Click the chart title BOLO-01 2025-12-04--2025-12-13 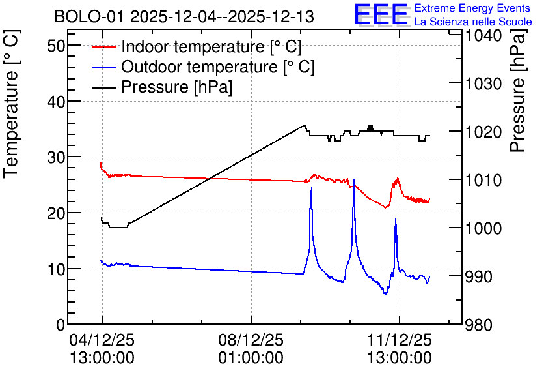(184, 17)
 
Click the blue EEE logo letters (381, 14)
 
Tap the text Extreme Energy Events (472, 8)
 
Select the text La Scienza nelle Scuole (473, 22)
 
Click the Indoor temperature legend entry (197, 46)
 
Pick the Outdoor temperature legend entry (203, 67)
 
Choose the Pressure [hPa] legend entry (162, 87)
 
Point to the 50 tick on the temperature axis (56, 46)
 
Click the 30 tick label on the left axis (56, 157)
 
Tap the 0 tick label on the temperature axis (61, 325)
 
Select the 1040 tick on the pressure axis (483, 35)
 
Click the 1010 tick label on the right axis (483, 180)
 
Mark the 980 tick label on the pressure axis (478, 325)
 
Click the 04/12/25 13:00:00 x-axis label (102, 349)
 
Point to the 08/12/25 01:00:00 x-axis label (251, 349)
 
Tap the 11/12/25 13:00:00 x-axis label (400, 349)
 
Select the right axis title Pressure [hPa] (519, 90)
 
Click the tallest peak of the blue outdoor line (353, 179)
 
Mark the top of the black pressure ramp (305, 126)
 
